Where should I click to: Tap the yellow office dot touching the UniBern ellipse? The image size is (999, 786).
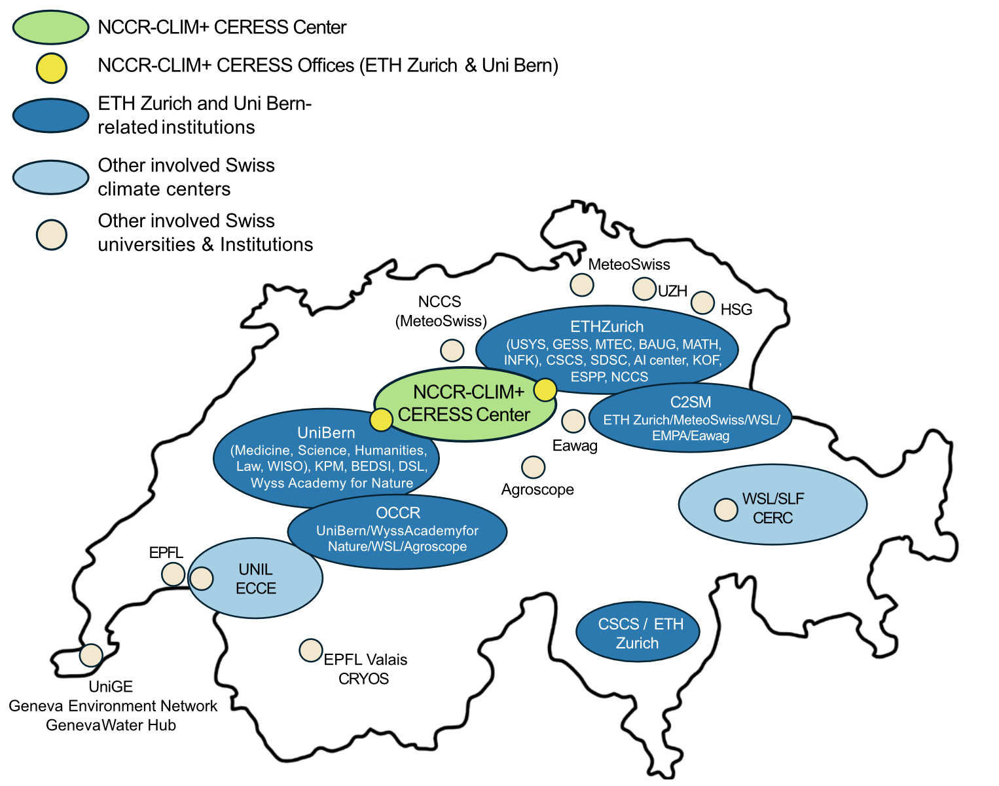point(381,419)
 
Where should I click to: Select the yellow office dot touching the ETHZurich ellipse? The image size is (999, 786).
point(545,390)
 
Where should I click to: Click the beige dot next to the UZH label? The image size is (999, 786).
point(644,288)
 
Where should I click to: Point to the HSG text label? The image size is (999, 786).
point(736,310)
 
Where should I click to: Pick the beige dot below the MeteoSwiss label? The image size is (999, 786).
point(582,285)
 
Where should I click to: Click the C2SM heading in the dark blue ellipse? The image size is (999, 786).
point(691,402)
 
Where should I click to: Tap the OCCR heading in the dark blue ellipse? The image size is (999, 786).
point(398,513)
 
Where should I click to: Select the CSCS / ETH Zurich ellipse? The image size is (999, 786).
point(638,632)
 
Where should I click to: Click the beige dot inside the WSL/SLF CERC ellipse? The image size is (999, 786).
point(726,510)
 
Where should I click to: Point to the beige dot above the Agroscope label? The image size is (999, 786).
point(534,467)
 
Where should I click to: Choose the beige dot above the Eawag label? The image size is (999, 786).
point(573,421)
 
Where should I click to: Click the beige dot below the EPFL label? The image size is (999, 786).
point(173,574)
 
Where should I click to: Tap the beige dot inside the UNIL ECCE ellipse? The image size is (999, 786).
point(202,578)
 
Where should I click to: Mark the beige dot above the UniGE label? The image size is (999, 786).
point(91,654)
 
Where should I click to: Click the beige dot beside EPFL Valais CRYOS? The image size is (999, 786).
point(311,650)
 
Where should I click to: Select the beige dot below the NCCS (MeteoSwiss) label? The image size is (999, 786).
point(452,350)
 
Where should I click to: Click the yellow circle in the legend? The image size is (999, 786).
point(51,68)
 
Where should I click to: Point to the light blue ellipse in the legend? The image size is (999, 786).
point(50,177)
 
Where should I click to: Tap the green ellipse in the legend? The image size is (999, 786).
point(50,28)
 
